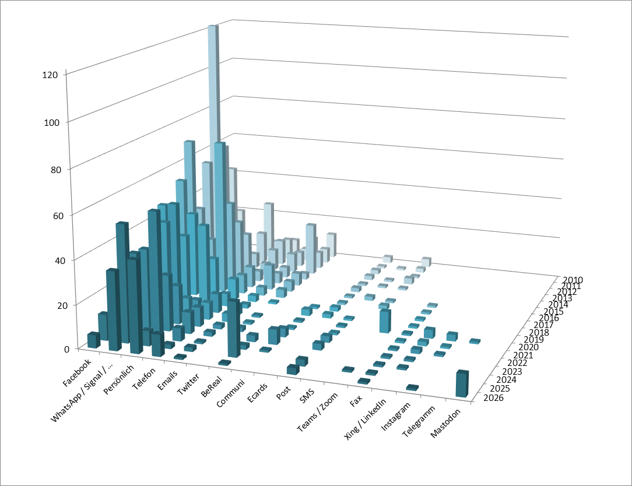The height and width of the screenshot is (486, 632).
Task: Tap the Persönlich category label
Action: click(121, 383)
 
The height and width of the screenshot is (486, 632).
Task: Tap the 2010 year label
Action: click(573, 280)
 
